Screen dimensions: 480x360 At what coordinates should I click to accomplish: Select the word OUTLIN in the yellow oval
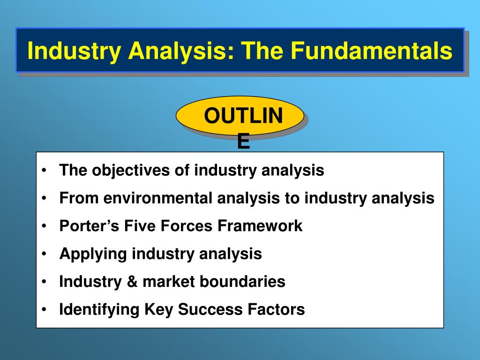pyautogui.click(x=243, y=116)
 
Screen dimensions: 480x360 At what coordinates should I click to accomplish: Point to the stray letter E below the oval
pyautogui.click(x=244, y=142)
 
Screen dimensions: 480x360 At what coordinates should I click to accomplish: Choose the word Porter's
pyautogui.click(x=89, y=226)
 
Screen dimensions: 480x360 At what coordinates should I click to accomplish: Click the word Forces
pyautogui.click(x=187, y=226)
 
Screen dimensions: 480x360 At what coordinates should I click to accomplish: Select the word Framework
pyautogui.click(x=260, y=226)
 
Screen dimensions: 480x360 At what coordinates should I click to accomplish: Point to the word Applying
pyautogui.click(x=93, y=254)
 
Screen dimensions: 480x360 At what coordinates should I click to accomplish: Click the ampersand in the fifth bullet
pyautogui.click(x=132, y=282)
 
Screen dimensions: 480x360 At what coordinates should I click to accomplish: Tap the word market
pyautogui.click(x=169, y=282)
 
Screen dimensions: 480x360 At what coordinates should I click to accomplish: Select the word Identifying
pyautogui.click(x=99, y=310)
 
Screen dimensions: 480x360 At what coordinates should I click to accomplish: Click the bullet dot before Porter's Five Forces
pyautogui.click(x=45, y=226)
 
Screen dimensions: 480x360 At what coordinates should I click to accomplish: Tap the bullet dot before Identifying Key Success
pyautogui.click(x=45, y=309)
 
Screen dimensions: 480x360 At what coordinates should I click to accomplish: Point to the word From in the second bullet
pyautogui.click(x=79, y=198)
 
